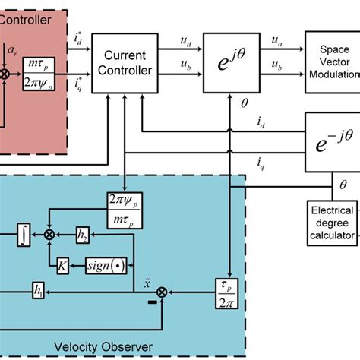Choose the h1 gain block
coord(37,289)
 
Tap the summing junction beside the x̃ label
coord(161,291)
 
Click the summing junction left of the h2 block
coord(51,237)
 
